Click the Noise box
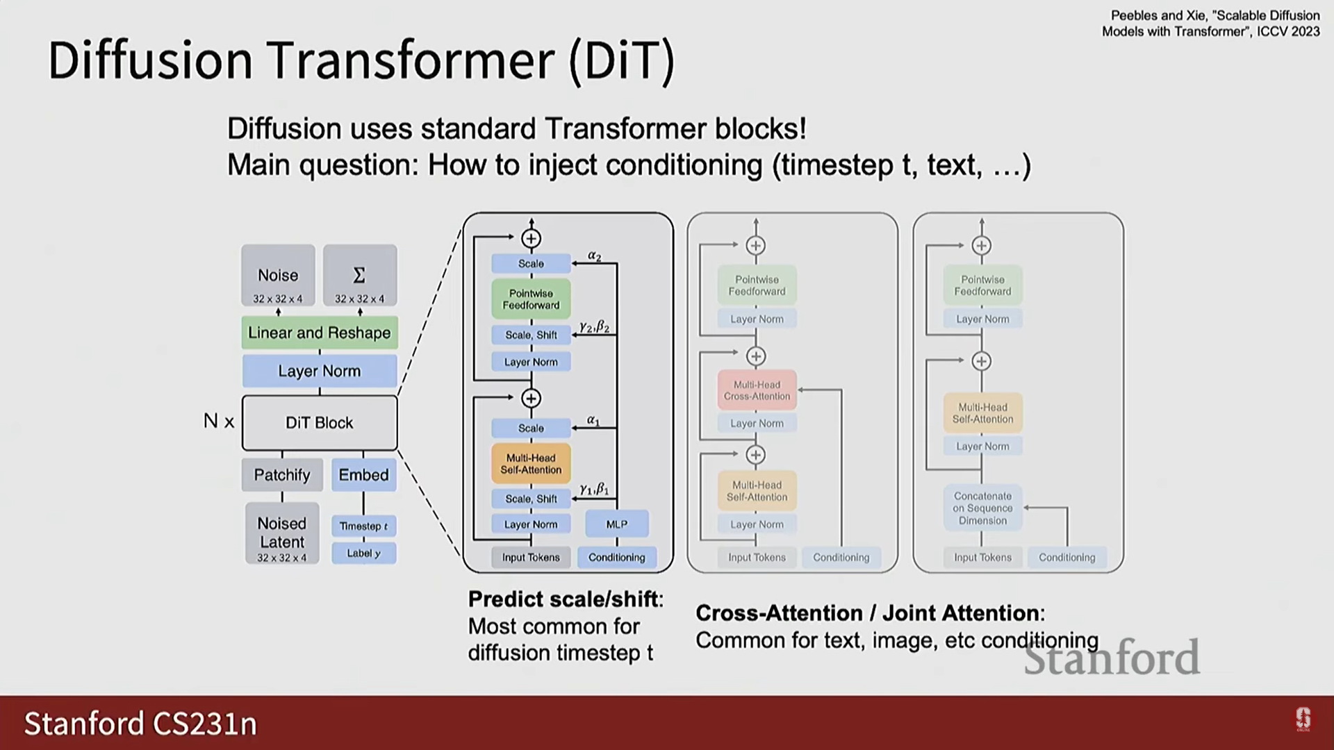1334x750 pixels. click(278, 276)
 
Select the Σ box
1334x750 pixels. click(359, 276)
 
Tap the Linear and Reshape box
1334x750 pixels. click(320, 333)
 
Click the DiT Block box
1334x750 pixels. click(320, 422)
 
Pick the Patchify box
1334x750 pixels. click(282, 475)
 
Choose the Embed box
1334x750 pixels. click(363, 475)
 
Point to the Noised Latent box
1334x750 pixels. click(282, 533)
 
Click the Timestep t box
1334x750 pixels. click(363, 526)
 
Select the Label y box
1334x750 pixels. click(363, 553)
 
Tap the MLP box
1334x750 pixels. click(616, 524)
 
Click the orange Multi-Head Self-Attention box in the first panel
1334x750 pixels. click(531, 464)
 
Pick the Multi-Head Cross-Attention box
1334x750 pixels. click(757, 390)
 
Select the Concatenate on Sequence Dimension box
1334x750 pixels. click(982, 508)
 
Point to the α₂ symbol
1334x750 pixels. click(594, 256)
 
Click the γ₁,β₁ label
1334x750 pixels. click(594, 489)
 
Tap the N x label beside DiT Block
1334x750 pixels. click(219, 421)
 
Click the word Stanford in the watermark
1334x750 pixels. click(1111, 657)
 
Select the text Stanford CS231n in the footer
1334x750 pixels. click(140, 724)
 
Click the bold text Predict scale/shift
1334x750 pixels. click(565, 599)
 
